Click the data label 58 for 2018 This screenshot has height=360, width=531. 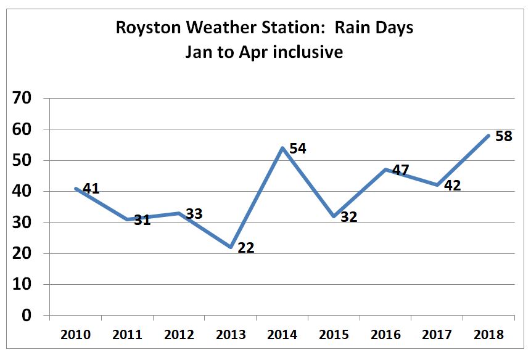pyautogui.click(x=504, y=136)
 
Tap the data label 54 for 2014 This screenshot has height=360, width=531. pyautogui.click(x=298, y=149)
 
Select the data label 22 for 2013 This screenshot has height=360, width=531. pyautogui.click(x=245, y=248)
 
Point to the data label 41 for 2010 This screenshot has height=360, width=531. pyautogui.click(x=91, y=189)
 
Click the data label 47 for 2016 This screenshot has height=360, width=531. pyautogui.click(x=401, y=171)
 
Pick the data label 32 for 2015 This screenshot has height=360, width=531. pyautogui.click(x=349, y=218)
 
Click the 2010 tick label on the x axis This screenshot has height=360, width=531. pyautogui.click(x=76, y=335)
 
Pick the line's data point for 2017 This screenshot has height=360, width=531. pyautogui.click(x=437, y=185)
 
